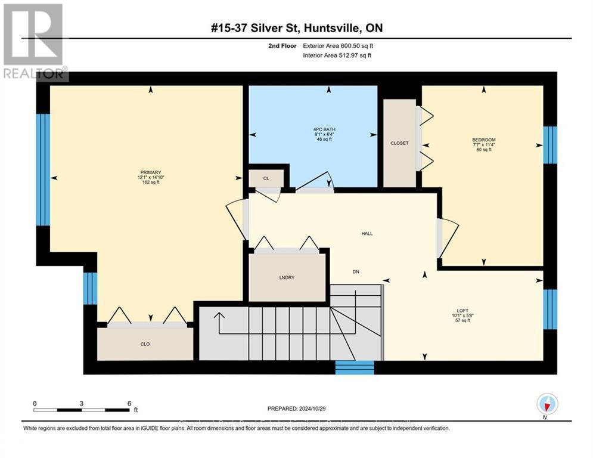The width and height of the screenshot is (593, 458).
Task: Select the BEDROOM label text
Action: click(x=483, y=139)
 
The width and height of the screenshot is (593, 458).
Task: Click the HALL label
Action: click(x=367, y=233)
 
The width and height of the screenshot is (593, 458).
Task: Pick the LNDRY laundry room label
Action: click(x=287, y=278)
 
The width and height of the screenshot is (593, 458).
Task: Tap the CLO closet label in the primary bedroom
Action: click(x=145, y=343)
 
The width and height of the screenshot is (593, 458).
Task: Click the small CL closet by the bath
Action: click(x=266, y=178)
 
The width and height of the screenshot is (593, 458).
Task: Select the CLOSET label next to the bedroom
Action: click(x=399, y=143)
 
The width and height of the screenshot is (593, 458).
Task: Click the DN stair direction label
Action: click(x=355, y=271)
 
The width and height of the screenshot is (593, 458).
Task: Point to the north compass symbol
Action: click(x=547, y=404)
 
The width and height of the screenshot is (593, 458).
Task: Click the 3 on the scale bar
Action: click(x=81, y=403)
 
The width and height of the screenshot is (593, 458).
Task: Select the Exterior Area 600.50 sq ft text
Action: click(x=338, y=45)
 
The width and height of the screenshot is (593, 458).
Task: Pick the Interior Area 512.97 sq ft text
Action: click(x=337, y=55)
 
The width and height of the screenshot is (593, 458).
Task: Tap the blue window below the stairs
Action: click(x=354, y=367)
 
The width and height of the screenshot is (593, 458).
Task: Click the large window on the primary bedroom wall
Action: click(x=42, y=170)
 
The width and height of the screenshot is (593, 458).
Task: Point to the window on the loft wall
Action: click(x=550, y=309)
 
